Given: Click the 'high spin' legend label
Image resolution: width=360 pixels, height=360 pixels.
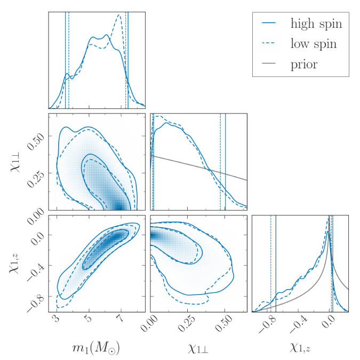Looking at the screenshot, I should tap(316, 23).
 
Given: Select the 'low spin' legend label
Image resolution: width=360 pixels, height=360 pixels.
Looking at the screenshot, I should tap(313, 44).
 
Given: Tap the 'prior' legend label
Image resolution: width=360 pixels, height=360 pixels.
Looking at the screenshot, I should tap(304, 65).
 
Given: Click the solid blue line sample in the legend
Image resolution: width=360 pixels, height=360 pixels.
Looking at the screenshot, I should tap(270, 23).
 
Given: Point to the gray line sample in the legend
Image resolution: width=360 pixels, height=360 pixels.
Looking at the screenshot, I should tap(270, 65).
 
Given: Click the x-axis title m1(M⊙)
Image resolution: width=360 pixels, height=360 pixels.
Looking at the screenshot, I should tap(97, 348).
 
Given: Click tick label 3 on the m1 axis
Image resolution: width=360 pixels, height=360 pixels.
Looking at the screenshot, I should tap(57, 319).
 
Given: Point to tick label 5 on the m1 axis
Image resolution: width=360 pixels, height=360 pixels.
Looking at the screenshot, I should tap(89, 319).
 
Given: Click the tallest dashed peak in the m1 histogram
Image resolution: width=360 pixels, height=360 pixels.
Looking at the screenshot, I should tap(119, 15).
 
